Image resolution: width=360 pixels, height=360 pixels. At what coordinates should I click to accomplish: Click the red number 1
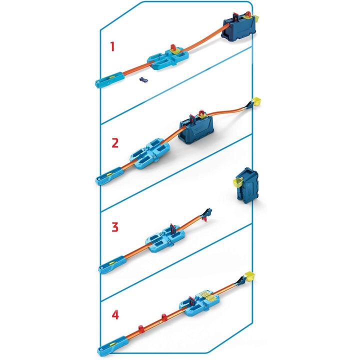tap(112, 46)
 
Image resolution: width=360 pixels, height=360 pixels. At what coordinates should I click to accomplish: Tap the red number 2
tap(115, 143)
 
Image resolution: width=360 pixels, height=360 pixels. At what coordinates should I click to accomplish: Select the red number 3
tap(115, 227)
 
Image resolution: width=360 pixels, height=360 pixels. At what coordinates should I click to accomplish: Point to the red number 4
tap(115, 314)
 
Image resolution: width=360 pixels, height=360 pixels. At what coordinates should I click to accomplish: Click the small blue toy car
tap(143, 79)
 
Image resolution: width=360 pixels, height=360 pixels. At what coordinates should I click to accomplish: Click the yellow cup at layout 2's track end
tap(256, 101)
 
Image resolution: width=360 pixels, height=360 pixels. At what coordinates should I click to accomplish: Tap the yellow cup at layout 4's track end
tap(250, 275)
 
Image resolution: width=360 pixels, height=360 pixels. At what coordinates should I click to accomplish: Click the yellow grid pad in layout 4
tap(208, 296)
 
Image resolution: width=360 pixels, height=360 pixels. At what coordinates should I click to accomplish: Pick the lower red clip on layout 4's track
tap(141, 329)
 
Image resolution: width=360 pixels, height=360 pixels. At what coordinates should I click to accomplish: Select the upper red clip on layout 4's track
tap(164, 318)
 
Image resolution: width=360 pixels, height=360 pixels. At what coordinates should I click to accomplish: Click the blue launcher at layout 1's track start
tap(109, 79)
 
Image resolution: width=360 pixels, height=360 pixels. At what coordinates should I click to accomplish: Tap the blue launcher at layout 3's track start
tap(112, 264)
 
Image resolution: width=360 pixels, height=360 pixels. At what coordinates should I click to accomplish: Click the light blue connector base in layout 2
tap(149, 154)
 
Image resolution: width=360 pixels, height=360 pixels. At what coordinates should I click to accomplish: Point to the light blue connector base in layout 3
tap(166, 238)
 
